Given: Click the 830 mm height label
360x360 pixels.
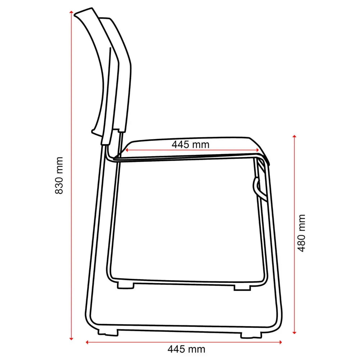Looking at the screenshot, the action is [x=59, y=175].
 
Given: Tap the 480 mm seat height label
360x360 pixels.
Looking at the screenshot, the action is [x=301, y=233].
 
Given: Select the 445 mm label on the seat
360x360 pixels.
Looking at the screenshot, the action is [x=190, y=145].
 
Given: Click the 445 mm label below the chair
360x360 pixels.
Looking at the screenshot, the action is [x=186, y=349].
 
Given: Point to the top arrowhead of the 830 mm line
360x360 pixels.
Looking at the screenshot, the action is [x=71, y=12].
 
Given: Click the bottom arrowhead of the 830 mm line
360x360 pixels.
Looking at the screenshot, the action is [x=71, y=338].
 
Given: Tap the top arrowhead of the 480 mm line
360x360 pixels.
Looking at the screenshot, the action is [x=294, y=136].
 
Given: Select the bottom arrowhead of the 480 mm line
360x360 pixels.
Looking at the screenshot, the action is [x=294, y=332].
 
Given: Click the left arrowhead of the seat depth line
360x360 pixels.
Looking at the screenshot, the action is [x=126, y=150].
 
